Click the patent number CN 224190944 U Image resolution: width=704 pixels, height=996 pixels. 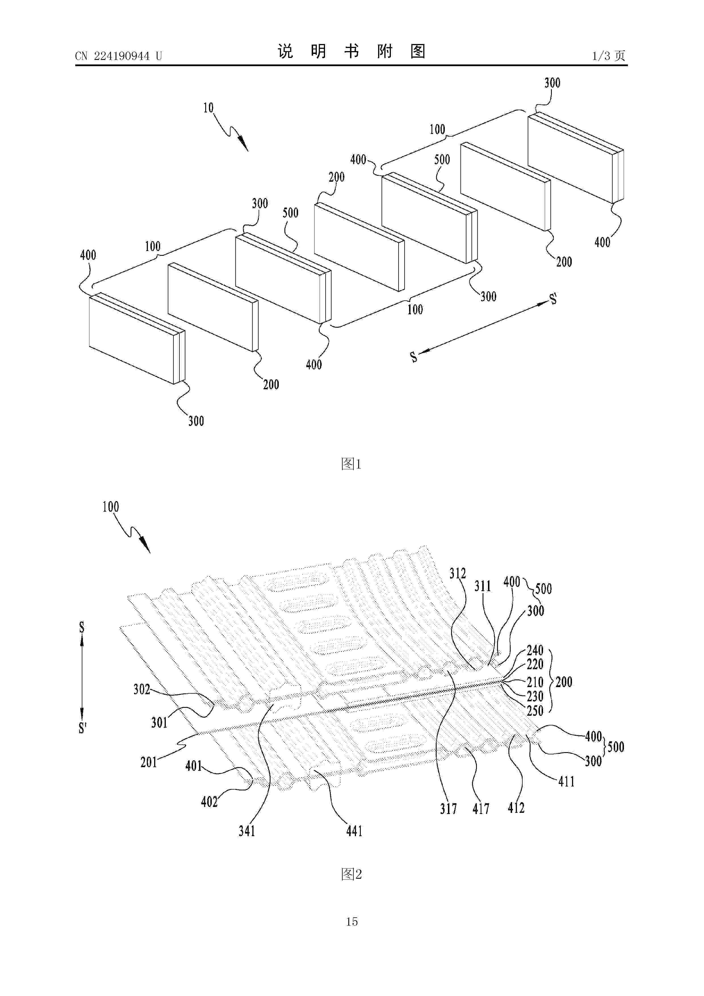pos(118,56)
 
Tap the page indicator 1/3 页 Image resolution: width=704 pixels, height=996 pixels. pos(609,56)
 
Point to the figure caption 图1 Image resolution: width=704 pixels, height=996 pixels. pos(351,464)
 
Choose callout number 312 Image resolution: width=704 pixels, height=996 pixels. pos(458,574)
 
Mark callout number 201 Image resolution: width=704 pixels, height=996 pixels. pos(149,762)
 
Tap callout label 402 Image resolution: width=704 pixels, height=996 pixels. pos(209,802)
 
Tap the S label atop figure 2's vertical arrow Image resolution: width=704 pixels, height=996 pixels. pos(81,627)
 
